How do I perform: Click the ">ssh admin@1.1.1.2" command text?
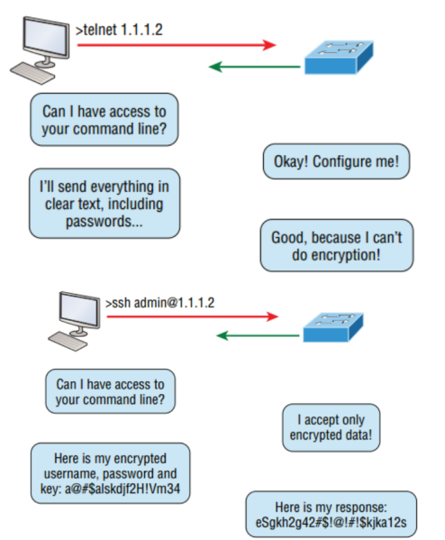click(x=158, y=301)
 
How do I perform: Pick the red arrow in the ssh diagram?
click(x=189, y=316)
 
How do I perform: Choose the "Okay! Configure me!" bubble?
click(x=336, y=163)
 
